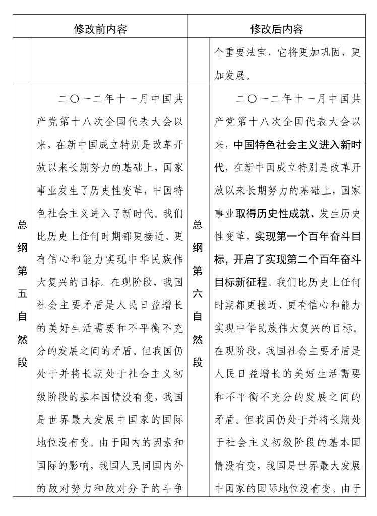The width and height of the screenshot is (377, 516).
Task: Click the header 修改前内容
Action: [100, 29]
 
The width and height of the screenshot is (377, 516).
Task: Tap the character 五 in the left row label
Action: [22, 292]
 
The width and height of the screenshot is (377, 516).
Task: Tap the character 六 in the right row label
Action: [199, 292]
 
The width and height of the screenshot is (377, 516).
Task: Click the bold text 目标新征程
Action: [240, 282]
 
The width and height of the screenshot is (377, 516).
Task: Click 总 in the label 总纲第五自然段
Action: [22, 225]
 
